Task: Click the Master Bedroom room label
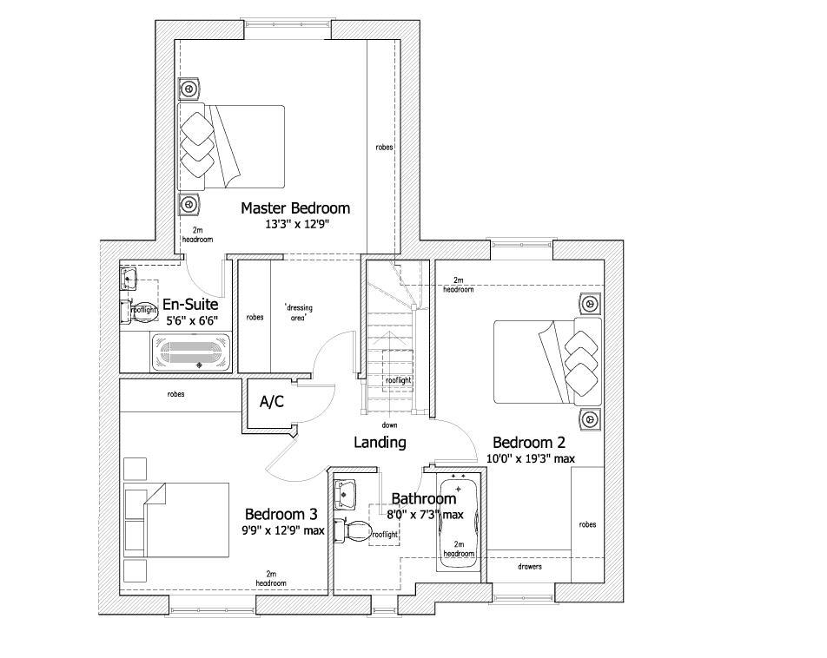tap(294, 208)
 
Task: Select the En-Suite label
tap(190, 305)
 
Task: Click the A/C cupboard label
tap(271, 402)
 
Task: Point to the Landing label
tap(380, 443)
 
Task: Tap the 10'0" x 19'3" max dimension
tap(530, 458)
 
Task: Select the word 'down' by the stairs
tap(389, 425)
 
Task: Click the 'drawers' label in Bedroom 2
tap(529, 567)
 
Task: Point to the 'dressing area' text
tap(298, 313)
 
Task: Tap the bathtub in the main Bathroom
tap(459, 521)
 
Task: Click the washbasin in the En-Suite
tap(129, 280)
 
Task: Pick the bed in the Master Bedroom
tap(232, 146)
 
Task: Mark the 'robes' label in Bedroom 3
tap(175, 394)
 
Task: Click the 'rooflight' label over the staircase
tap(399, 380)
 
